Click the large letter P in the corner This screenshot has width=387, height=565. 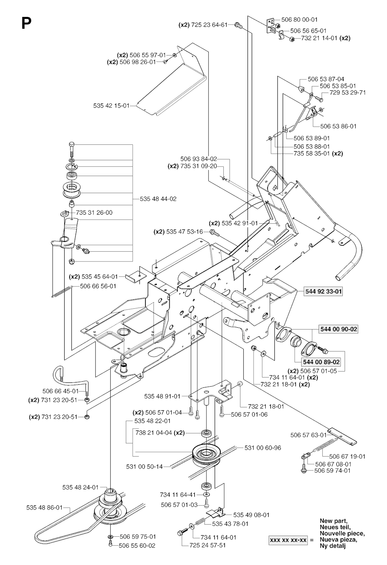pos(26,23)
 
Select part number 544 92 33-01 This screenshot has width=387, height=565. pos(323,292)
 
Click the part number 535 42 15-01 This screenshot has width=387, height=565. pos(111,106)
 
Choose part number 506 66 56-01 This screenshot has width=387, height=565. pos(98,286)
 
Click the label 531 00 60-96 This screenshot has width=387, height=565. pos(263,448)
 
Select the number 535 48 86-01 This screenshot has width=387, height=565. pos(44,508)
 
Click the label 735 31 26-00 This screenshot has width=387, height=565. pos(94,213)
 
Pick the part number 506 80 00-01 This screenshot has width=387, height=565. pos(299,19)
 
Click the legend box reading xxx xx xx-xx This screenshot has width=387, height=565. pos(288,540)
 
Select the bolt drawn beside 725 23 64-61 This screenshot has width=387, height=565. pos(238,25)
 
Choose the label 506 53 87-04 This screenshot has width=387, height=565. pos(326,79)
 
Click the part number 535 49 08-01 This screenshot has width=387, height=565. pos(251,515)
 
